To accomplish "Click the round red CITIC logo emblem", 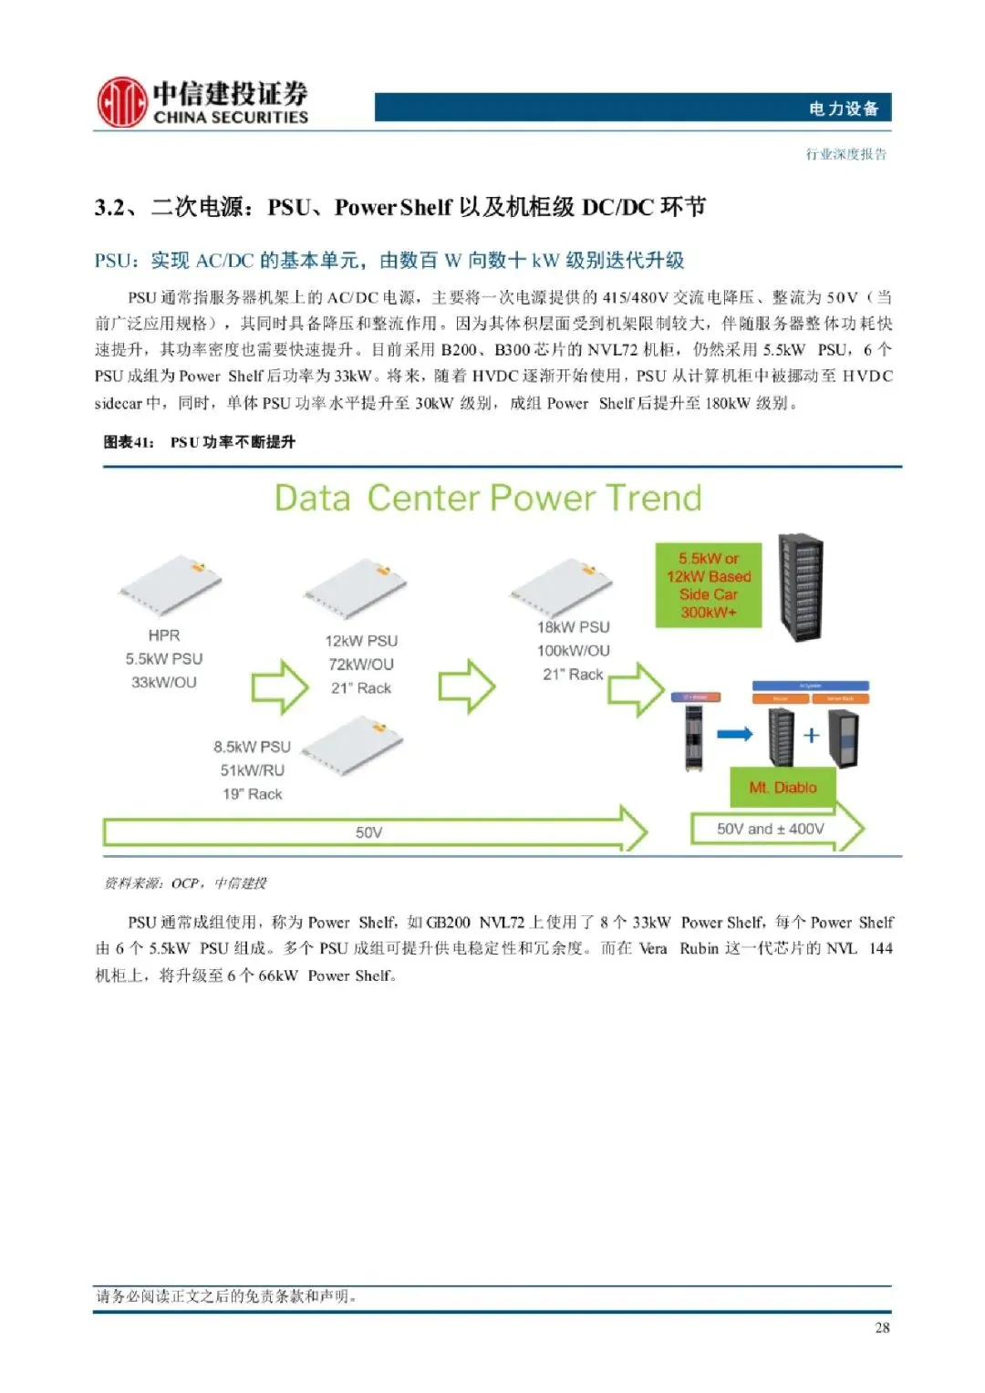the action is point(121,102).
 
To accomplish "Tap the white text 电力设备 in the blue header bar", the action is point(843,108).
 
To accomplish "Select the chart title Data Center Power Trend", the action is point(488,498).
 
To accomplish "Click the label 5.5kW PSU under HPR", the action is point(164,658).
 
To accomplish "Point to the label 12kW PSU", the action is point(361,641).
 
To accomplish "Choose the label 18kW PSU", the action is point(573,627).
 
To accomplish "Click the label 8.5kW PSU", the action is point(252,747).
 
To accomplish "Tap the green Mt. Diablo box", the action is point(783,788).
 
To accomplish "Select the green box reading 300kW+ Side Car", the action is point(709,585).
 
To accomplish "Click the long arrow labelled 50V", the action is point(369,831).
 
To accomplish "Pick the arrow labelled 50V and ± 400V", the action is point(772,829).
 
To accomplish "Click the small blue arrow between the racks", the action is point(735,734).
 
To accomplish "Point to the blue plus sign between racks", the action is point(811,735).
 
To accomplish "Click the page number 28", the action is point(882,1327).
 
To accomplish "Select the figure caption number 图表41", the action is point(129,442).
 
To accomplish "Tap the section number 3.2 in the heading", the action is point(110,208).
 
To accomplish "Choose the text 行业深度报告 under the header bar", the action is point(845,154).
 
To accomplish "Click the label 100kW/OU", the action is point(573,651).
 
